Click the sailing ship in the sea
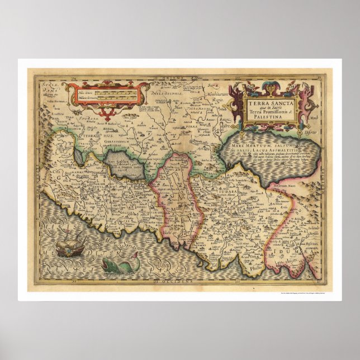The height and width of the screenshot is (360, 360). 71,244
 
